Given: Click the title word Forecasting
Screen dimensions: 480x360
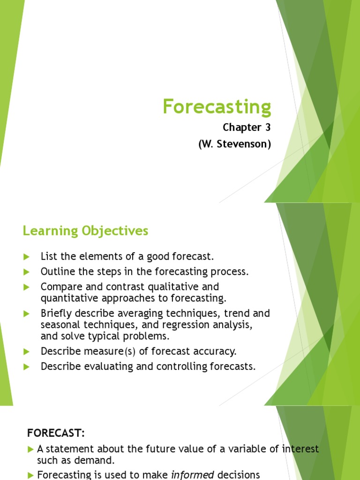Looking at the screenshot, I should (x=217, y=107).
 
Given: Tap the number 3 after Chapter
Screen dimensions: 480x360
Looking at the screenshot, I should (x=268, y=127).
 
